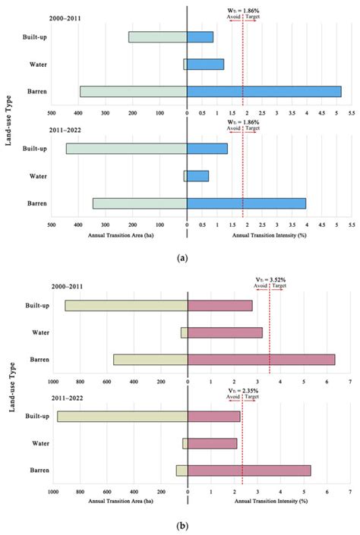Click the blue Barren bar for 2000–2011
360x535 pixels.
pos(264,92)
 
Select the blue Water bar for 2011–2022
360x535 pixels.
pos(197,176)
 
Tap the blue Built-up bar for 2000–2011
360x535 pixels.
pos(200,37)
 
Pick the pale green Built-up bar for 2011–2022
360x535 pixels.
pos(126,149)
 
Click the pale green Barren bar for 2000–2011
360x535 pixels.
pos(133,92)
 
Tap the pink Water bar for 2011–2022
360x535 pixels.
pos(212,443)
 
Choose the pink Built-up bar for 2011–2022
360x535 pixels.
pos(213,416)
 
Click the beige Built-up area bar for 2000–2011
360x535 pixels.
pos(126,305)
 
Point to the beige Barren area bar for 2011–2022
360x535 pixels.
pos(182,470)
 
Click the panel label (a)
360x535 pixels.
pos(182,258)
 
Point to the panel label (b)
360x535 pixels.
pos(182,525)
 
